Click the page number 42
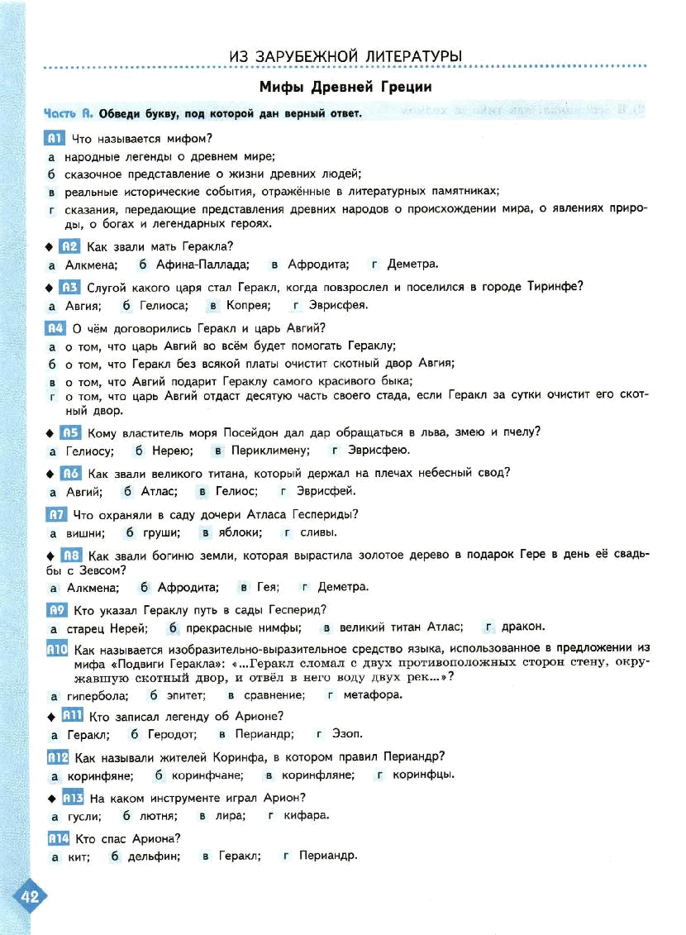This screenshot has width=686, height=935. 30,896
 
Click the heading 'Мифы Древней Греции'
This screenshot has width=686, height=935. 345,87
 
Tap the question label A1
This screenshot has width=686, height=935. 55,138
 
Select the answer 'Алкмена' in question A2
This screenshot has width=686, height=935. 91,265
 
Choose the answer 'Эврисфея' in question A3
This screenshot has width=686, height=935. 338,305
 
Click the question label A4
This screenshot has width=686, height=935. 55,328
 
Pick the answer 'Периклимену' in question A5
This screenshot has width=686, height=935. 270,451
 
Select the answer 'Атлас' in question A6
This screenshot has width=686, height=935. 159,491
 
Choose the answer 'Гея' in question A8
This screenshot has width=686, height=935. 268,587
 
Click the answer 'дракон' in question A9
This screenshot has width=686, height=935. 522,627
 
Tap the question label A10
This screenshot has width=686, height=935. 58,649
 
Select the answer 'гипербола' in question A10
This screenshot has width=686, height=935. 98,696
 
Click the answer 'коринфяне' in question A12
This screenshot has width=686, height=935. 100,775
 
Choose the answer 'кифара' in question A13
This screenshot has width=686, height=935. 307,815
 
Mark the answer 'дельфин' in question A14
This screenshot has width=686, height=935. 154,856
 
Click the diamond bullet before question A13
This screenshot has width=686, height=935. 52,799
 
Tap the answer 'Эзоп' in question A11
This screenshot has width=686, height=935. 347,734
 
